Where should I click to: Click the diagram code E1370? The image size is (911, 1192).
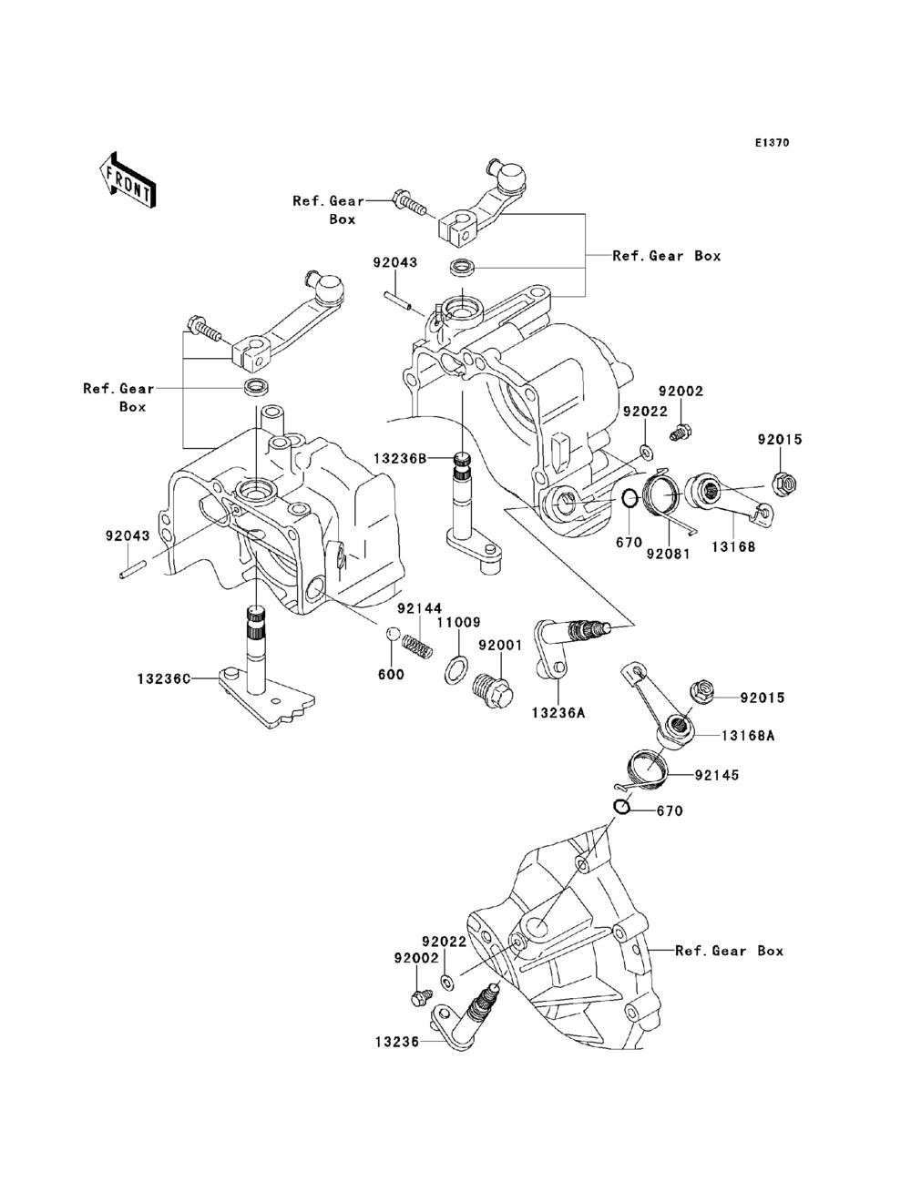pos(772,143)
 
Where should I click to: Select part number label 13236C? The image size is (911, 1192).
pos(164,678)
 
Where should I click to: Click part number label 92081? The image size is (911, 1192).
pos(668,552)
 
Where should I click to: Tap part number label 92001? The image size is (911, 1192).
pos(499,645)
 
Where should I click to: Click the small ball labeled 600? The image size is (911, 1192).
pos(393,634)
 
